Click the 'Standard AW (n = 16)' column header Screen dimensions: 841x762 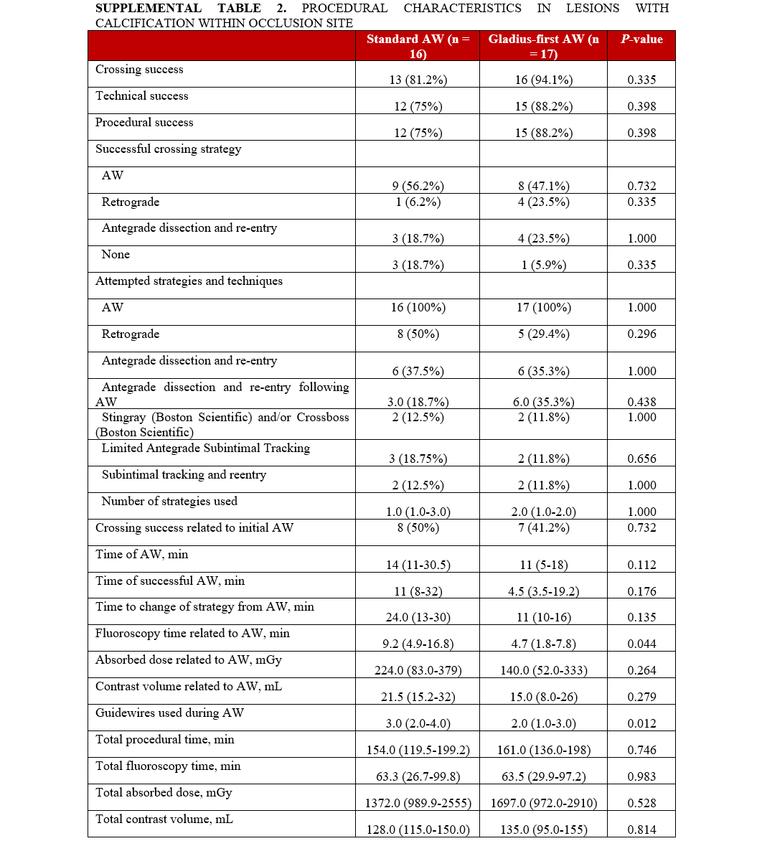418,46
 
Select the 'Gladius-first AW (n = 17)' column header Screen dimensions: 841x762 543,46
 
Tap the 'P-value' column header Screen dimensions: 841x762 641,39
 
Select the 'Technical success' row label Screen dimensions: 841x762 142,96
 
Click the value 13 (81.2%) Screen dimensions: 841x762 418,80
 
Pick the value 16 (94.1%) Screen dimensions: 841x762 543,80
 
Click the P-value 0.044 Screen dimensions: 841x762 641,644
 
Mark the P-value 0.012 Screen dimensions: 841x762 641,724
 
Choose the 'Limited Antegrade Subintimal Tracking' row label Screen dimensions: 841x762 206,448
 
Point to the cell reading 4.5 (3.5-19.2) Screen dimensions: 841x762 543,591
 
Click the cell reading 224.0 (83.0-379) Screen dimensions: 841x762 418,671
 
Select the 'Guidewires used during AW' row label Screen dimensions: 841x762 169,713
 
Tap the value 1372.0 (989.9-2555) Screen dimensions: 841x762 418,804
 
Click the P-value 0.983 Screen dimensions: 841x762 641,777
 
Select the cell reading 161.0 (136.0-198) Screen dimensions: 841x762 543,751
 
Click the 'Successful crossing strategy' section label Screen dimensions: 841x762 169,149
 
